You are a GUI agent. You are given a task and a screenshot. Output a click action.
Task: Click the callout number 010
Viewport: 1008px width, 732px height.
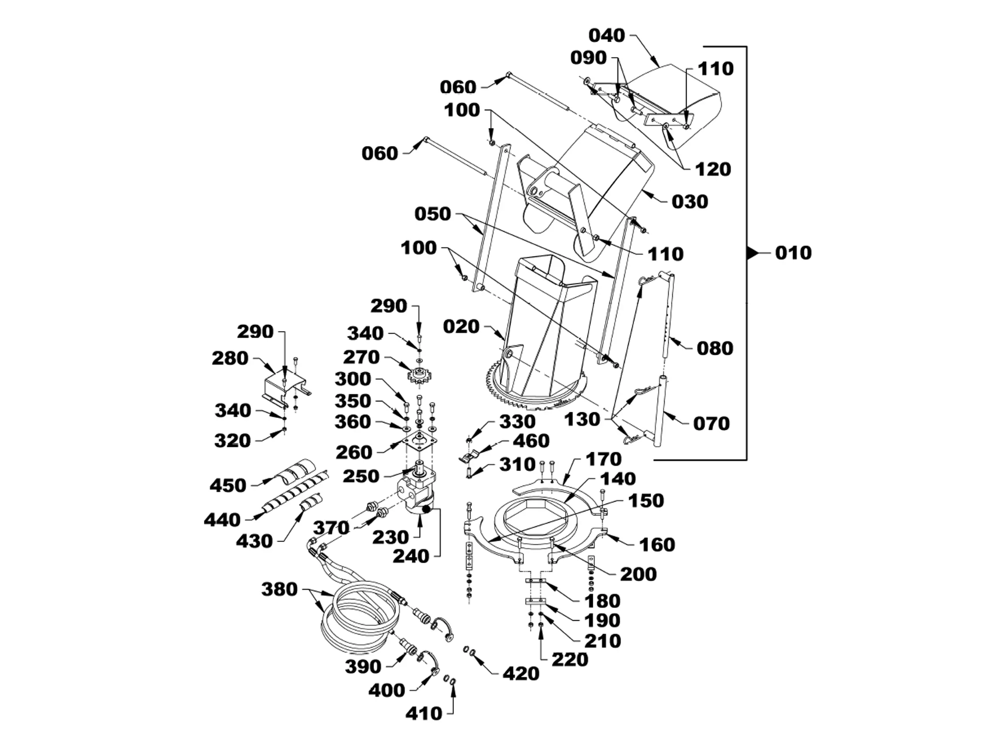[793, 253]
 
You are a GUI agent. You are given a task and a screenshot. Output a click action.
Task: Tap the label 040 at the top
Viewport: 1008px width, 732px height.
[607, 35]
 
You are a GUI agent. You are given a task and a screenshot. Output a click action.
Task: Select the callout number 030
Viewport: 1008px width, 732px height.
[689, 201]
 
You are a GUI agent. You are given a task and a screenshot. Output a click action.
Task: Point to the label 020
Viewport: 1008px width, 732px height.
[461, 326]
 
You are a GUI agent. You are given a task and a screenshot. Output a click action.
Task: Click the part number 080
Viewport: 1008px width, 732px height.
[715, 348]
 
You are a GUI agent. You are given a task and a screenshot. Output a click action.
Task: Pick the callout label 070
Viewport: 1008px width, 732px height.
[712, 423]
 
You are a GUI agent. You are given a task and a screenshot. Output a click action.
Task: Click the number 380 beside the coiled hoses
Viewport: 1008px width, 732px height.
[279, 589]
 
